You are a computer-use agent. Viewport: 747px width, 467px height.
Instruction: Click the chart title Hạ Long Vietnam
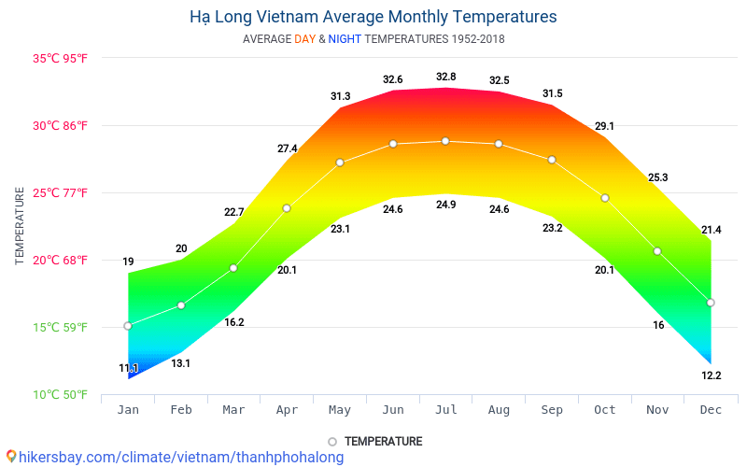373,17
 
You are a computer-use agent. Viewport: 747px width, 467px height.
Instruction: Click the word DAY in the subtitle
304,39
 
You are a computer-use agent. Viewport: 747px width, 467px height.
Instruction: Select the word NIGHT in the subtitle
345,39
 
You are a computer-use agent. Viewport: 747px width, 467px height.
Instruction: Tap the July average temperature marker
445,141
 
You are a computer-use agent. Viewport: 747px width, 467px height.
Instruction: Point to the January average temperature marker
128,326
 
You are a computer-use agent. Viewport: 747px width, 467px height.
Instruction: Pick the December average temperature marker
711,303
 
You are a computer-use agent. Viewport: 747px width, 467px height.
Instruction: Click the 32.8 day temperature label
445,77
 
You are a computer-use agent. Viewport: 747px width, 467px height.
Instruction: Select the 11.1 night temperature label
129,369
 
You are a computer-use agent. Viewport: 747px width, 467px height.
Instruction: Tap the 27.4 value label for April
287,149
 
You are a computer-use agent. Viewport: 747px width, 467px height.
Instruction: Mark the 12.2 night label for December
711,375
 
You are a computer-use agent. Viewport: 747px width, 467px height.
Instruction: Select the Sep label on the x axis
552,409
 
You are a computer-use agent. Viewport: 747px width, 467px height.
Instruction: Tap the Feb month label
181,409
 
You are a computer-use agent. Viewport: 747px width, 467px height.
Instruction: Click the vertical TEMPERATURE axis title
20,225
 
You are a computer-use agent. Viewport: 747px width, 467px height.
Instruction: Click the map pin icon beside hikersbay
11,457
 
